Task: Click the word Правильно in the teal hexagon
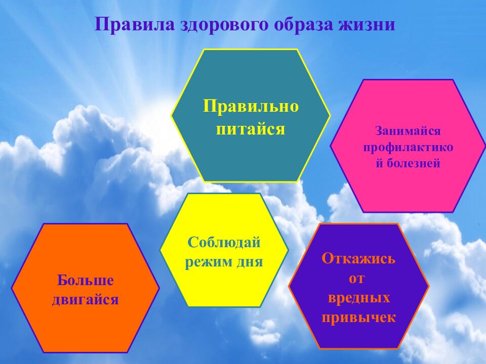(251, 106)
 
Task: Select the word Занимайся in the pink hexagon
(408, 131)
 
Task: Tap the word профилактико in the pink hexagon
(408, 147)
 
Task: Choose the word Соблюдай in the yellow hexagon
(224, 242)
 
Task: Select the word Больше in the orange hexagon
(86, 280)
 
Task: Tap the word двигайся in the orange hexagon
(86, 300)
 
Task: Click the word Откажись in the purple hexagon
(358, 258)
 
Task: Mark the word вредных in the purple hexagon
(358, 298)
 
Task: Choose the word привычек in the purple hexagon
(358, 317)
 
